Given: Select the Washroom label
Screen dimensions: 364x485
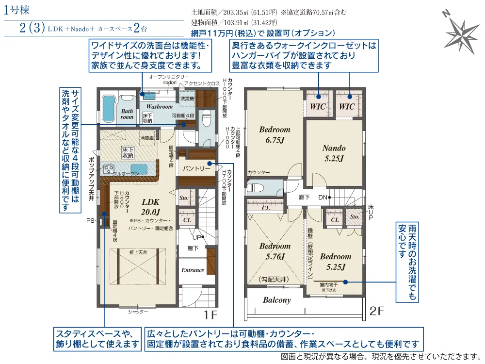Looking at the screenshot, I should (160, 106).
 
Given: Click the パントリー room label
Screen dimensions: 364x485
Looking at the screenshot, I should (196, 169).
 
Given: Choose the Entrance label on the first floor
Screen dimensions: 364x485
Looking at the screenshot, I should (193, 270).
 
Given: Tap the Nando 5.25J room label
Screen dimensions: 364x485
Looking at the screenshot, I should (334, 153).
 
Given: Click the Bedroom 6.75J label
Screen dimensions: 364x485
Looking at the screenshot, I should (275, 134).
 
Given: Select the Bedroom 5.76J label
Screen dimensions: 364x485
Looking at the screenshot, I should (275, 251).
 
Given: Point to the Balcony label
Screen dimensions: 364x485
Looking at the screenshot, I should (276, 300).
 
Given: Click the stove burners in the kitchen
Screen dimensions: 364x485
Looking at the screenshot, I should (107, 170).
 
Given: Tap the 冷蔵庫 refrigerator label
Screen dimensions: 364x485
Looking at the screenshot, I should (147, 138).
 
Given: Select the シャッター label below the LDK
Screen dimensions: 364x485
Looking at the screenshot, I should (138, 312).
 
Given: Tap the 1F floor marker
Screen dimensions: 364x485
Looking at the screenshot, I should (210, 314).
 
